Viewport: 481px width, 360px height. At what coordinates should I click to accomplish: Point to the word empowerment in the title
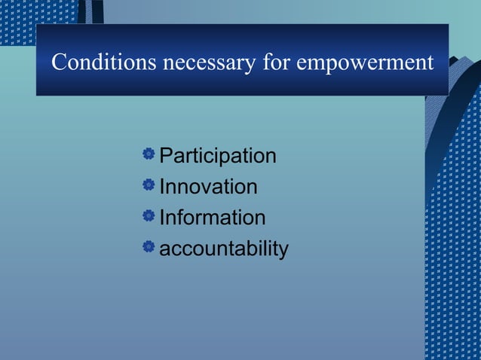(365, 63)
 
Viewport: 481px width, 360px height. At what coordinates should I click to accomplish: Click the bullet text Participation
(218, 157)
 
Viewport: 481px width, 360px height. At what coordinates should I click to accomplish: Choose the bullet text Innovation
(208, 187)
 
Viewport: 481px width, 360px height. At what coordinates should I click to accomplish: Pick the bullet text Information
(213, 218)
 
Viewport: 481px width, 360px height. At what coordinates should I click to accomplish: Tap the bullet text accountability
(224, 249)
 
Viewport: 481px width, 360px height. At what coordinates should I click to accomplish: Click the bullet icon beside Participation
(149, 154)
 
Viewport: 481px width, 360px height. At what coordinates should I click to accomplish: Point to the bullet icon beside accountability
(149, 246)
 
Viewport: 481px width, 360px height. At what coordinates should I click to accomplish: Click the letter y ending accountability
(283, 251)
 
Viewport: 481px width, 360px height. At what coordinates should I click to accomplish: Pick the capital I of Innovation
(162, 187)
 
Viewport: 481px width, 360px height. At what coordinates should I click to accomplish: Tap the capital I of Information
(162, 218)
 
